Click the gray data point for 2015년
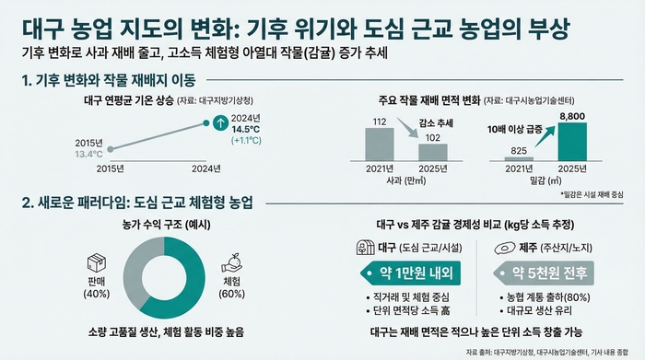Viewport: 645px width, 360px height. click(x=111, y=148)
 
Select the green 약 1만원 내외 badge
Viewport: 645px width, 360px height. click(x=402, y=273)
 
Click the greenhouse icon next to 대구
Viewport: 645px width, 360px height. click(x=364, y=247)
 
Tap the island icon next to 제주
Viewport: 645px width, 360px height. click(x=503, y=247)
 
